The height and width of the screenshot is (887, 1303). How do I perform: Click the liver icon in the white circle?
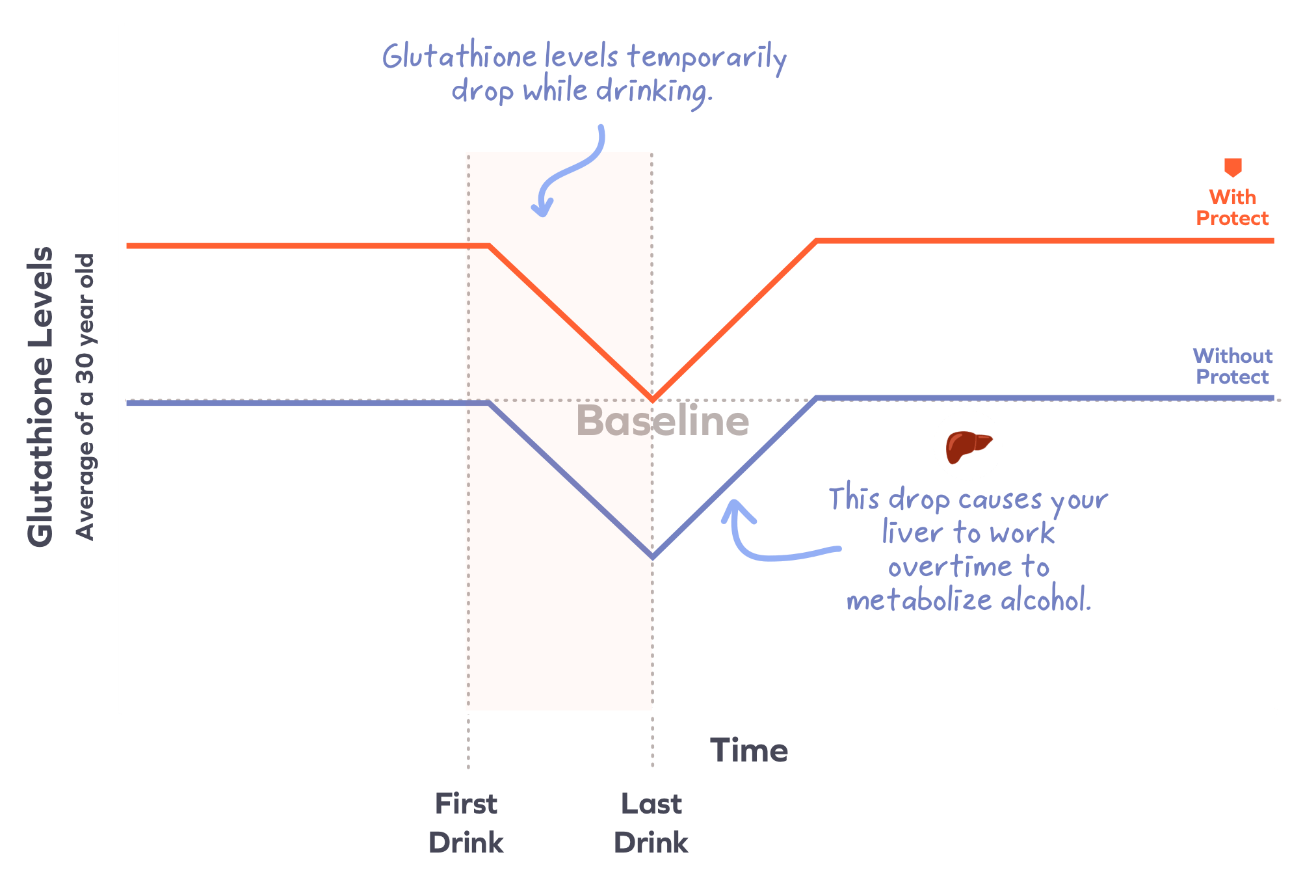point(967,445)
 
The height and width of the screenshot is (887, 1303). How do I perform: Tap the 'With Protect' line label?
point(1232,207)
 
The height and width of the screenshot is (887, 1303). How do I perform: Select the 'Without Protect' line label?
point(1232,366)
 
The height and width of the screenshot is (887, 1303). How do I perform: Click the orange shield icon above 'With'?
point(1233,167)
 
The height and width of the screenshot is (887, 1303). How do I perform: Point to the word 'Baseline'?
point(663,421)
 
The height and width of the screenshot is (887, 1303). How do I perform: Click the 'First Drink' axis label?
point(466,823)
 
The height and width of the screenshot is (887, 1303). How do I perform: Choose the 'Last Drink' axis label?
point(651,823)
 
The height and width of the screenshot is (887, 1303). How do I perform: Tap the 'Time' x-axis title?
point(749,750)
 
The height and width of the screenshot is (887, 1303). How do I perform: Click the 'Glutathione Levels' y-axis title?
point(40,397)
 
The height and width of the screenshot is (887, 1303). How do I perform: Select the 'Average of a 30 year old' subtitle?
point(85,397)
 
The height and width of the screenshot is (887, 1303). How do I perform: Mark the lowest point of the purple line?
point(652,558)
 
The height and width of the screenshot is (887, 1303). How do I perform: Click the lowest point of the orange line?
point(652,399)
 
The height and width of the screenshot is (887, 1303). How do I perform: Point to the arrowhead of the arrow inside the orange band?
point(542,210)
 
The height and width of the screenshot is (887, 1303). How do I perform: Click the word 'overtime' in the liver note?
point(950,567)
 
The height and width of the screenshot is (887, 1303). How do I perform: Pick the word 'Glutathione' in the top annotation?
point(460,57)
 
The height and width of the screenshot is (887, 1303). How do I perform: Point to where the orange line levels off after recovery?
point(817,241)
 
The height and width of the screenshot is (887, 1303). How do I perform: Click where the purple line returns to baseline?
point(815,398)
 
